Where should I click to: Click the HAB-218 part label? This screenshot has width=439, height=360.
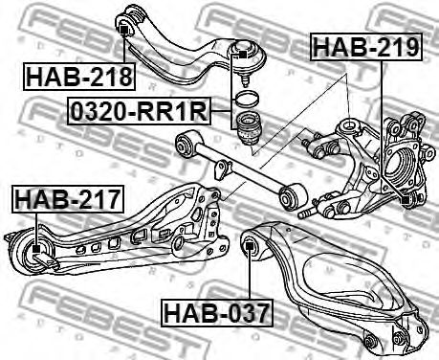(x=79, y=77)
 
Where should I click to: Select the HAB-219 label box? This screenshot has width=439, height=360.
(x=366, y=47)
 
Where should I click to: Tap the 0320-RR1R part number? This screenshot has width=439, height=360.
(x=139, y=111)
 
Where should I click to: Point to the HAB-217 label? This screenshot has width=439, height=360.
(x=68, y=198)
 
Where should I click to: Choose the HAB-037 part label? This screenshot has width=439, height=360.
(x=217, y=313)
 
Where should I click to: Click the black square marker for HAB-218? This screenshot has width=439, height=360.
(x=123, y=31)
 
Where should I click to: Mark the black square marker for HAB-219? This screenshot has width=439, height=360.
(x=406, y=200)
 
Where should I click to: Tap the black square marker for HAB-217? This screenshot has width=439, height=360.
(x=36, y=249)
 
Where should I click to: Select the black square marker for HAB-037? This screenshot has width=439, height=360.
(x=249, y=246)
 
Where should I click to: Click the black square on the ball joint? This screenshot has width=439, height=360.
(x=243, y=54)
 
